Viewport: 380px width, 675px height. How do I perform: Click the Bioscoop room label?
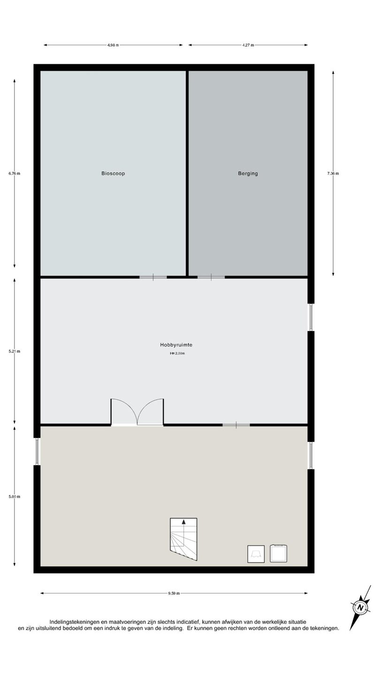click(x=113, y=173)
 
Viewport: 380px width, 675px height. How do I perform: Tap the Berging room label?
click(x=248, y=173)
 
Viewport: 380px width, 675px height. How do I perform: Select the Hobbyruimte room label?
click(x=176, y=345)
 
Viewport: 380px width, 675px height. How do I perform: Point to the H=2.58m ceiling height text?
click(x=177, y=353)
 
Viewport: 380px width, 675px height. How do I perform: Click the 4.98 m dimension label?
click(x=113, y=45)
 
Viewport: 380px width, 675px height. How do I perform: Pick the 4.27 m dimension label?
click(x=248, y=45)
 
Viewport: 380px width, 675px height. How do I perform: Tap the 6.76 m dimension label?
click(x=15, y=173)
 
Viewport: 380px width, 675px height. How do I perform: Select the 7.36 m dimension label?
click(x=333, y=173)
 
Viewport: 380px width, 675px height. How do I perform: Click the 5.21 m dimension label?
click(x=15, y=351)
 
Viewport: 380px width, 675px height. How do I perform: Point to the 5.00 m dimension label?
click(x=15, y=496)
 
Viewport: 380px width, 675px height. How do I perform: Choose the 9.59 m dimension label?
click(x=174, y=593)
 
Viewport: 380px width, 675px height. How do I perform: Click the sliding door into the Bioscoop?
click(x=153, y=277)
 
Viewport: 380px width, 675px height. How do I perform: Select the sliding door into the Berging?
click(x=211, y=277)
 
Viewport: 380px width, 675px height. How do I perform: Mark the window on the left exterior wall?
click(x=37, y=451)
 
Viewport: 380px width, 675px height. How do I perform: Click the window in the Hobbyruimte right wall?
click(x=311, y=317)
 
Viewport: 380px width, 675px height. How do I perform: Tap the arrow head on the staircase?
click(x=184, y=522)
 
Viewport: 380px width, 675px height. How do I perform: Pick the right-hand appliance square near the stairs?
click(x=278, y=554)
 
